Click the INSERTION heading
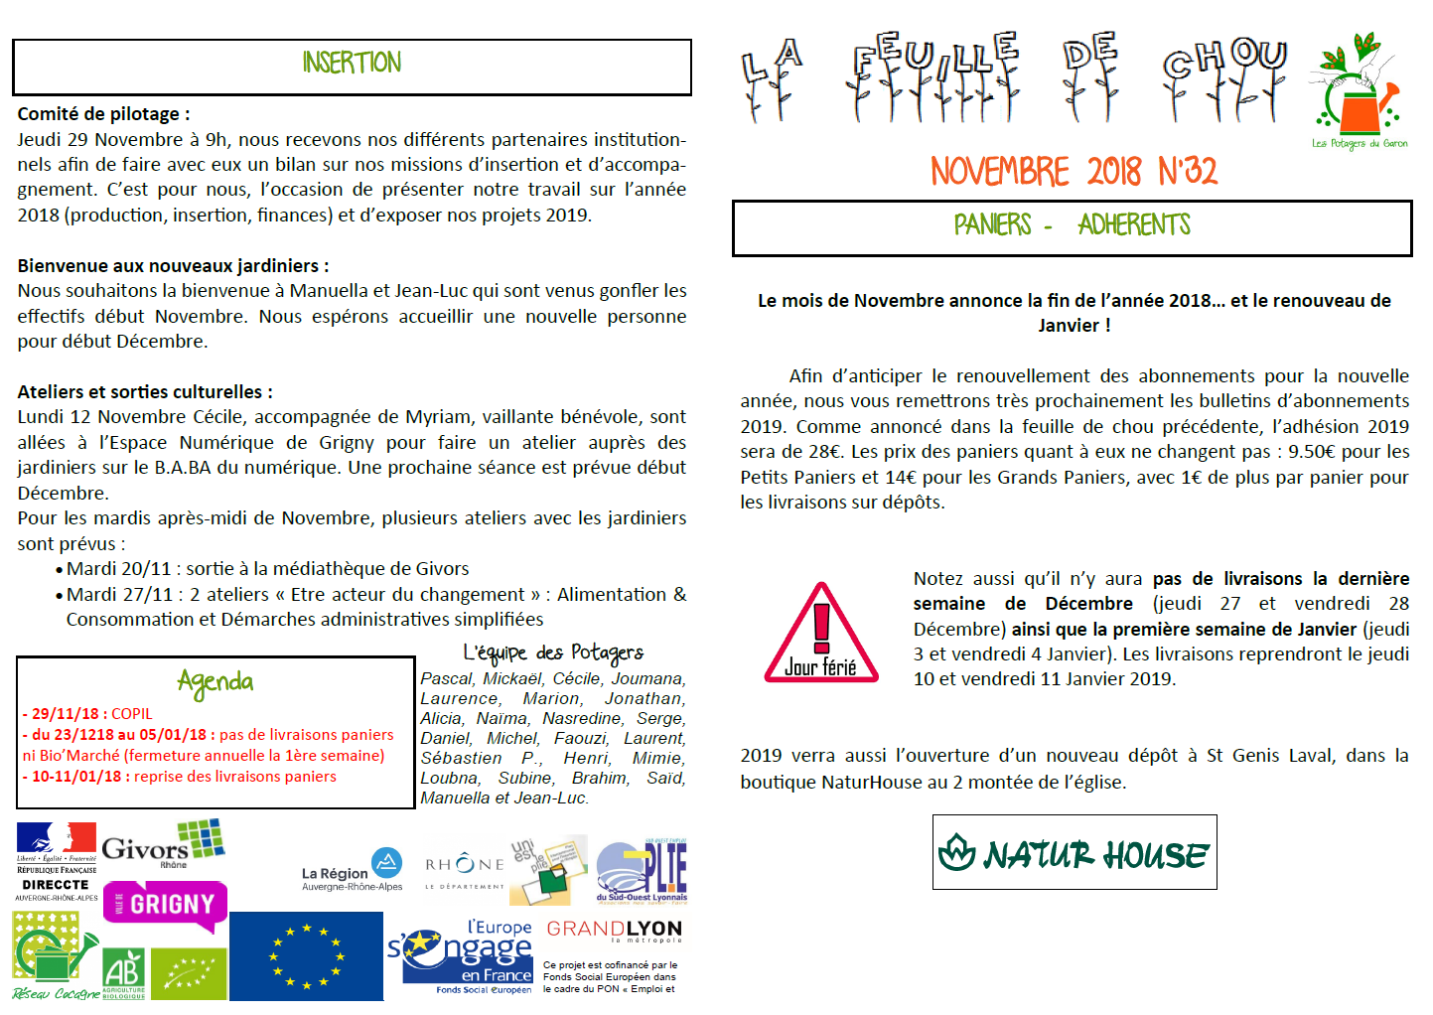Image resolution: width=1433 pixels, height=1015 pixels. pyautogui.click(x=352, y=63)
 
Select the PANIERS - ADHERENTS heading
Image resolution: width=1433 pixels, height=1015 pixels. pyautogui.click(x=1072, y=225)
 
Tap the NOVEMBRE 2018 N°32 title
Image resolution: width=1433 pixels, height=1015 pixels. pyautogui.click(x=1073, y=171)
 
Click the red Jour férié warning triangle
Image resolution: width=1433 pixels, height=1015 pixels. pyautogui.click(x=821, y=636)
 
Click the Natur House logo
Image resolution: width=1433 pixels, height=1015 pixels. pyautogui.click(x=1074, y=852)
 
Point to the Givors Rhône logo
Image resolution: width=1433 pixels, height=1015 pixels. pyautogui.click(x=164, y=845)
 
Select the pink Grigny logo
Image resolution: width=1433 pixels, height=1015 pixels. pyautogui.click(x=166, y=905)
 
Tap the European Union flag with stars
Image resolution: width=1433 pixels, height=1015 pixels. pyautogui.click(x=306, y=956)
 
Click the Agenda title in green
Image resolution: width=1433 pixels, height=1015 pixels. pyautogui.click(x=215, y=681)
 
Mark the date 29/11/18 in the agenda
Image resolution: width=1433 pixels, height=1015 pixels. pyautogui.click(x=66, y=714)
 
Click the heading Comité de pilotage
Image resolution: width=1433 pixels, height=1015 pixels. pyautogui.click(x=103, y=114)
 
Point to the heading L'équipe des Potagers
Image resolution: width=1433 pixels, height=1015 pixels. pyautogui.click(x=553, y=652)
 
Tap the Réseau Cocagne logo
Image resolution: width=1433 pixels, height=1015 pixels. pyautogui.click(x=56, y=958)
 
